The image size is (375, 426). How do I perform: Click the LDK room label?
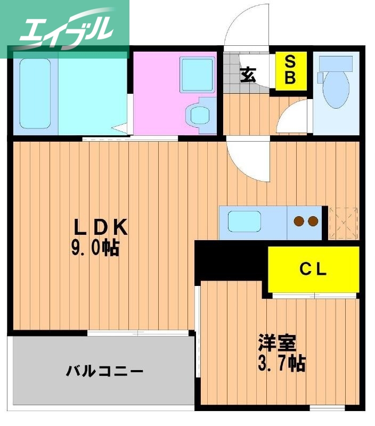point(101,228)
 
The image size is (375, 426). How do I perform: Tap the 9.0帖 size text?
point(95,248)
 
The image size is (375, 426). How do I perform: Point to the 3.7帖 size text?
point(281,364)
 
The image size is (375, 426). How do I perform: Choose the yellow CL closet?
point(313,269)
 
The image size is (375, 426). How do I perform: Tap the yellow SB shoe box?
point(290,70)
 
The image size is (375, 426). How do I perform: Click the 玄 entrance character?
point(247,74)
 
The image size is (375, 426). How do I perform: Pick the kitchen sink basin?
point(244,220)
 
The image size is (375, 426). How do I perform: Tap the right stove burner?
point(313,220)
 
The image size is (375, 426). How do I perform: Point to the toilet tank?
point(336,64)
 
